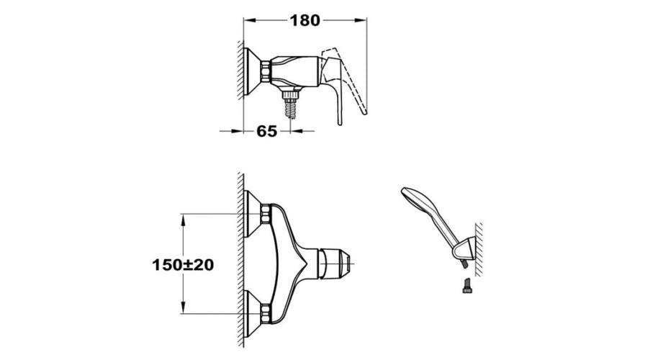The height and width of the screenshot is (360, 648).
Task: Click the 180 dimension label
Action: click(305, 20)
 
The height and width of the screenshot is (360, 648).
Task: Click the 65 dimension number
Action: click(266, 132)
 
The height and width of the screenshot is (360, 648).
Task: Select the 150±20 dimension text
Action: click(183, 265)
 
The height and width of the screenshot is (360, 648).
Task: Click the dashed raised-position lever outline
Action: click(349, 78)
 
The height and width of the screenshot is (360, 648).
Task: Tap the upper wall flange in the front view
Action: click(252, 214)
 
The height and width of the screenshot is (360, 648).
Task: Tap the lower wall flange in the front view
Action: click(252, 314)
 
